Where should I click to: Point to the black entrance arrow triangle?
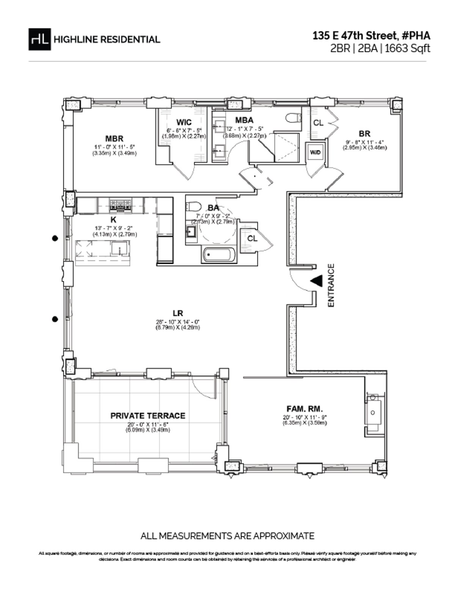316,281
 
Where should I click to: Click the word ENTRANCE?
331,285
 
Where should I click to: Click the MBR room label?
114,139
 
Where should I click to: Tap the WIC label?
184,122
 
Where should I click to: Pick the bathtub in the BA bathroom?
220,255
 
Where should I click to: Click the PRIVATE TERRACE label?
148,416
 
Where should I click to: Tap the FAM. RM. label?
304,409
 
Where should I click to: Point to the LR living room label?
178,313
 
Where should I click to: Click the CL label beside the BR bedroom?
318,123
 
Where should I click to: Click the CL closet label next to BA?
252,238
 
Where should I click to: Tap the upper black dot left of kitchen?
55,238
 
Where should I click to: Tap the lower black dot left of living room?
55,319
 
